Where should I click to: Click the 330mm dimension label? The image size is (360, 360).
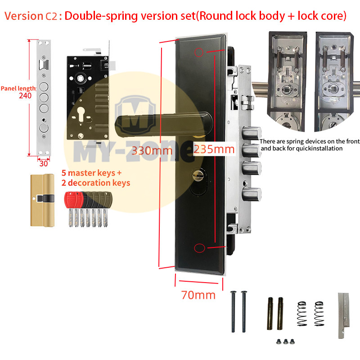click(152, 151)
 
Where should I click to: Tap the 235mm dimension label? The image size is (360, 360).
click(214, 149)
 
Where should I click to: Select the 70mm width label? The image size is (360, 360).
click(198, 295)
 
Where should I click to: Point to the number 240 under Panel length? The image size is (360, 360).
click(25, 95)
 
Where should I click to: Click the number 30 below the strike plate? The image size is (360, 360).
click(44, 163)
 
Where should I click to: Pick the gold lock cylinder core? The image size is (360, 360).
click(42, 200)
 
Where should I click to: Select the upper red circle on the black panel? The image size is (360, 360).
click(199, 52)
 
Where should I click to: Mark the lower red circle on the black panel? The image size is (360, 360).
click(199, 248)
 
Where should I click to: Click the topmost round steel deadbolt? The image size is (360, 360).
click(252, 133)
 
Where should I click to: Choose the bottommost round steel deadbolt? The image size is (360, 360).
click(252, 194)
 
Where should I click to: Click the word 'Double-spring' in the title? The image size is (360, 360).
click(101, 16)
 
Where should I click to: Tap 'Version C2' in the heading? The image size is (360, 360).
click(31, 16)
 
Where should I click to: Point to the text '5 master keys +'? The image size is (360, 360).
click(91, 173)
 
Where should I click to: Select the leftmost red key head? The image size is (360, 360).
click(70, 200)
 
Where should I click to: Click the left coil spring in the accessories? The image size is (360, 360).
click(302, 314)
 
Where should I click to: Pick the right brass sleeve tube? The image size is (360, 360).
click(280, 313)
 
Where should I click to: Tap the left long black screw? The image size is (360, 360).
click(233, 311)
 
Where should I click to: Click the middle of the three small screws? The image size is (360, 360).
click(286, 342)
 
